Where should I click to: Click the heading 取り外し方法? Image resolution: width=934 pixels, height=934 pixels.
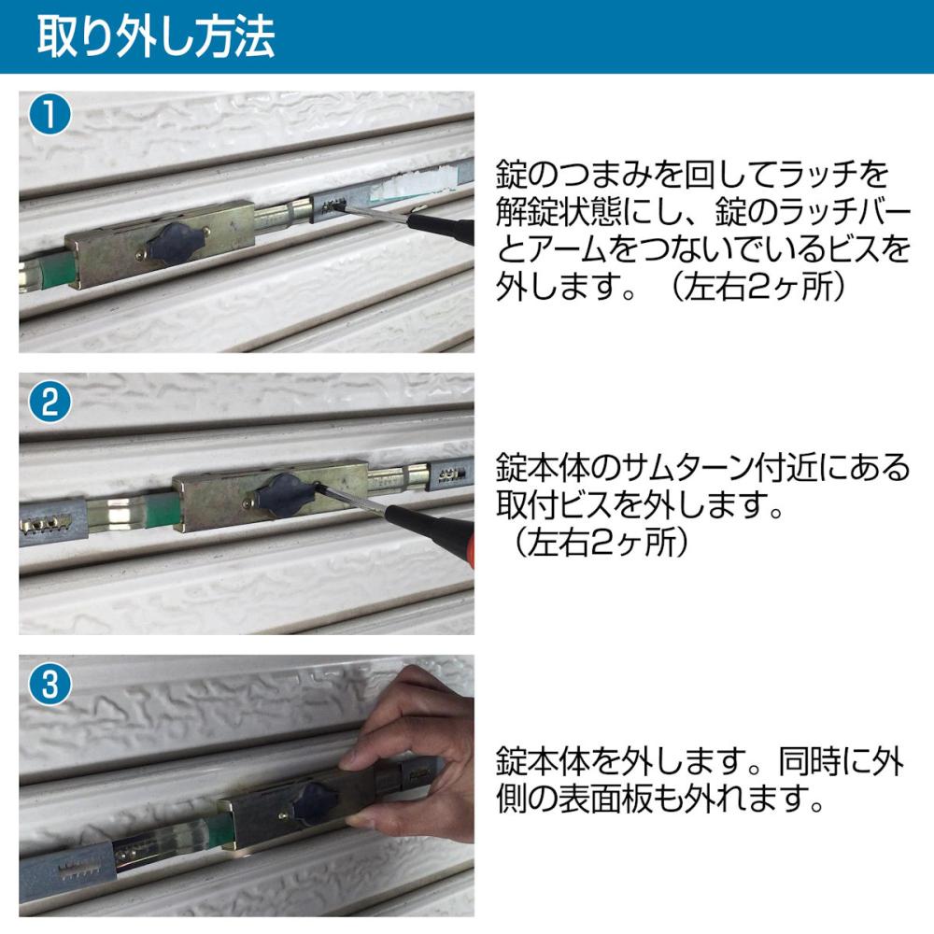(155, 37)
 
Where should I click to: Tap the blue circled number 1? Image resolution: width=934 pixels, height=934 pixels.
(50, 114)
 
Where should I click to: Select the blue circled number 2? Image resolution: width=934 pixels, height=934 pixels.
(50, 402)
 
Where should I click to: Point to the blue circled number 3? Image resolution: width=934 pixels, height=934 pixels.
(50, 684)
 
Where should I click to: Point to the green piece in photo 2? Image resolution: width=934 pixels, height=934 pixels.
(163, 509)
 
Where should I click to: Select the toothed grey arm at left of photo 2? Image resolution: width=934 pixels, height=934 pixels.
(52, 522)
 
